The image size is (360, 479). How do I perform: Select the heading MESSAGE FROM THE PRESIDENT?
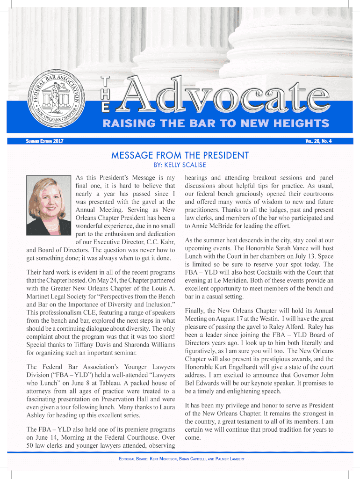pyautogui.click(x=180, y=155)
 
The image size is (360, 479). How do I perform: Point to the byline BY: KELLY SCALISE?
pyautogui.click(x=180, y=165)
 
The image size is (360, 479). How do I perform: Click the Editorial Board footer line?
pyautogui.click(x=180, y=459)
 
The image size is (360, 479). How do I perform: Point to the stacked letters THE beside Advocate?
pyautogui.click(x=107, y=94)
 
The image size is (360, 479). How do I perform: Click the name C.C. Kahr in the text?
pyautogui.click(x=158, y=241)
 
